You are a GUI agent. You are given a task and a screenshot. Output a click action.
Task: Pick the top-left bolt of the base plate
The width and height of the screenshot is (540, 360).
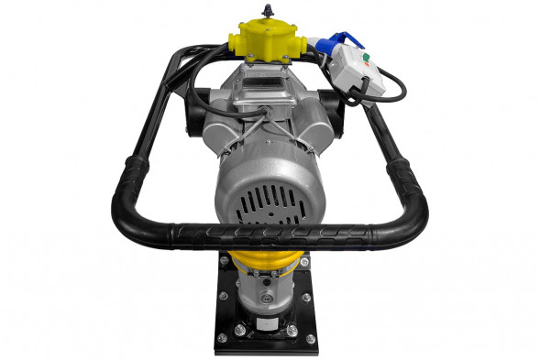(223, 262)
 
